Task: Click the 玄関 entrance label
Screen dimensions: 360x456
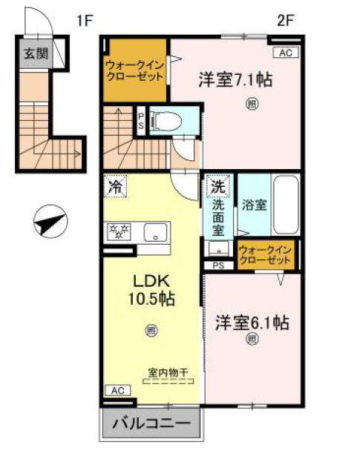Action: point(36,54)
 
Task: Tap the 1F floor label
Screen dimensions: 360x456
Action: point(85,21)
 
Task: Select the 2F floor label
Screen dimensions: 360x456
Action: point(286,21)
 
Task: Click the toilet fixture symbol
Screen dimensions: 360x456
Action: point(166,121)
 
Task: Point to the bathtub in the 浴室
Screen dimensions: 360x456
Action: point(286,205)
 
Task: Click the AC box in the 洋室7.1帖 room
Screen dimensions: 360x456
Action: point(286,53)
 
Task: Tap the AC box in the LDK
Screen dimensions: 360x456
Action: point(117,390)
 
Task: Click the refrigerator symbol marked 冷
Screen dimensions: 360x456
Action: point(115,186)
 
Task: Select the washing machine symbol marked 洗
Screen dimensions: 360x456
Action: point(218,185)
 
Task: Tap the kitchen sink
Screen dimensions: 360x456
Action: point(155,232)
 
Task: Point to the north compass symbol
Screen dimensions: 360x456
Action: point(50,222)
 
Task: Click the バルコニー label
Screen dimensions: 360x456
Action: point(151,423)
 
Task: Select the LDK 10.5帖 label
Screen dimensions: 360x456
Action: point(151,290)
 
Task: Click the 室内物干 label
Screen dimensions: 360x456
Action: point(168,372)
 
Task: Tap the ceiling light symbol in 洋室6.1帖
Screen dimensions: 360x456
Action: point(252,339)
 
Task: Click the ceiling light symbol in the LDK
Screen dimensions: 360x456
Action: point(151,331)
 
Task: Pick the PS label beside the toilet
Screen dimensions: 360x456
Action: point(141,121)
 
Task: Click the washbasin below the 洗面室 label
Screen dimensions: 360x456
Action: point(218,248)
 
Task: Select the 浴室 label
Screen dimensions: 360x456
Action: point(255,205)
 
